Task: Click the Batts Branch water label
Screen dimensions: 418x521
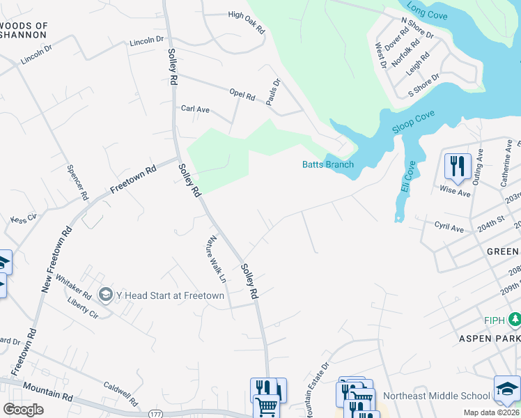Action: [x=327, y=165]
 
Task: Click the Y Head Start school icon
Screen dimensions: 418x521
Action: [x=106, y=295]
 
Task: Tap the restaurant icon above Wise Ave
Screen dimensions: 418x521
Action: [x=458, y=167]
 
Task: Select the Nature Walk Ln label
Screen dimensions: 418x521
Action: [x=214, y=259]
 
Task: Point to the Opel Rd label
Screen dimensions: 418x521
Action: [x=242, y=95]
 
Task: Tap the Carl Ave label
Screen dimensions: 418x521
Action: [x=195, y=109]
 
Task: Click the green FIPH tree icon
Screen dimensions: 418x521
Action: [x=515, y=320]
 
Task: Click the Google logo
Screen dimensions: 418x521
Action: [x=23, y=410]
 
